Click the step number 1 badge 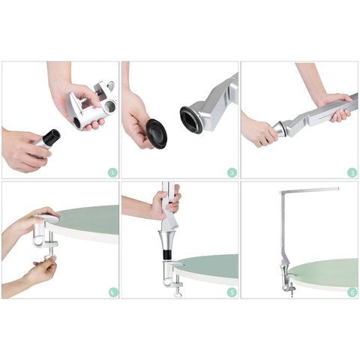[x=113, y=172]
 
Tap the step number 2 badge [x=232, y=172]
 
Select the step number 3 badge [x=352, y=172]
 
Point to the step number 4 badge [x=113, y=292]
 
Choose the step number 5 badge [x=232, y=292]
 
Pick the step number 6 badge [x=352, y=292]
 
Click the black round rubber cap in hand [x=157, y=133]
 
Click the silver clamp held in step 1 [x=91, y=104]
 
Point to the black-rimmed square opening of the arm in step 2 [x=190, y=120]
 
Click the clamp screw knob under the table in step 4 [x=49, y=257]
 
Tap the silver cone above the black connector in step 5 [x=167, y=239]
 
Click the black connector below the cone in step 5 [x=167, y=255]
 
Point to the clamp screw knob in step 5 [x=177, y=295]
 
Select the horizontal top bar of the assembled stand [x=310, y=190]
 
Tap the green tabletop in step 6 [x=325, y=271]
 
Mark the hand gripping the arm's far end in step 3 [x=333, y=106]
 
